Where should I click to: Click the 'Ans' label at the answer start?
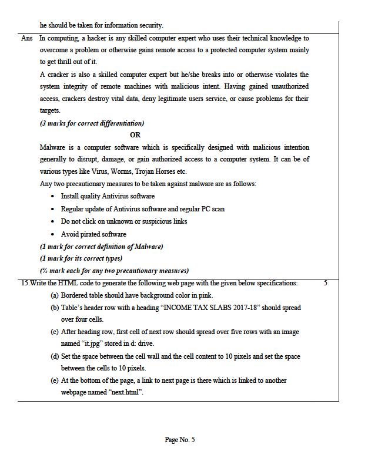point(26,38)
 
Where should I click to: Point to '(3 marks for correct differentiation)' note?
point(92,123)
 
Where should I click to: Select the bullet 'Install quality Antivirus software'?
point(108,196)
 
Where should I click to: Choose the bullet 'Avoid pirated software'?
point(93,234)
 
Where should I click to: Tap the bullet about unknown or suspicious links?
point(124,221)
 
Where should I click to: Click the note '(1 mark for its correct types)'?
point(81,258)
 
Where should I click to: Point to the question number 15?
point(25,283)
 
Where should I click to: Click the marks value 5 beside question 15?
point(326,283)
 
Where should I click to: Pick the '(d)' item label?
point(55,356)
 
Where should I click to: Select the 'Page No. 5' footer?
point(180,440)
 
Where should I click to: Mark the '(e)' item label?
point(55,380)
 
